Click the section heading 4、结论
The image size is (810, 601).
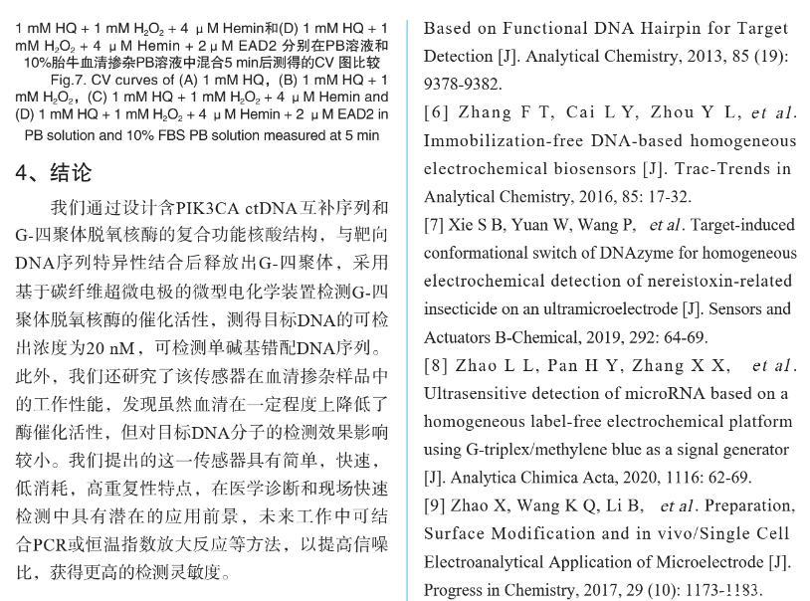(x=54, y=173)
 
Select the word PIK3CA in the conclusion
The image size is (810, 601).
(x=209, y=209)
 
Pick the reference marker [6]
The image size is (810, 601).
(x=437, y=112)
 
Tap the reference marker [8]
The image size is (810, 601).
(x=437, y=366)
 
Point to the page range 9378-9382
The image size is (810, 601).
(x=463, y=84)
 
